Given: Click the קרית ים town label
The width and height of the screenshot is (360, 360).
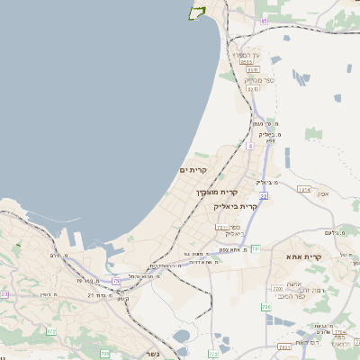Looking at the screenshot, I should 193,169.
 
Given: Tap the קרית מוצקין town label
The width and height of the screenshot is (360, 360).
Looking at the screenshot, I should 217,192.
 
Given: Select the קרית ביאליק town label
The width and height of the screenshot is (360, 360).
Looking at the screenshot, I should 236,206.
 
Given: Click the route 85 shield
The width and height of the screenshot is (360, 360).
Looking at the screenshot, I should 265,19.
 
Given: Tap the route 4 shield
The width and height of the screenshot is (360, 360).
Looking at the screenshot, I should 249,145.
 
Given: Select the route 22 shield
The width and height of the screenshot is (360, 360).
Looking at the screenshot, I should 263,194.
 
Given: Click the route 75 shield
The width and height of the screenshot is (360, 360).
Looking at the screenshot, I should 116,282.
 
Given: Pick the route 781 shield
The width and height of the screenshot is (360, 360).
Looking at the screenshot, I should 256,248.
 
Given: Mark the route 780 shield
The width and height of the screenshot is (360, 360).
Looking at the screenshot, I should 266,308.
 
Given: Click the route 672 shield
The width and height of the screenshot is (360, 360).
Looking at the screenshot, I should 50,331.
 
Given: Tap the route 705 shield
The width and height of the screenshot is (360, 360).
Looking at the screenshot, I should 105,353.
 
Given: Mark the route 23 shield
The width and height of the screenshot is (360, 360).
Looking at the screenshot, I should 4,293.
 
